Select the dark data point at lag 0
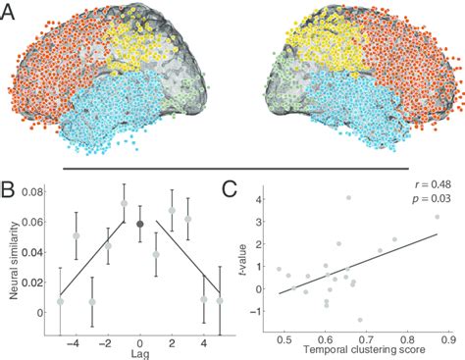[140, 224]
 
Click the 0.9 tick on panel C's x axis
[448, 337]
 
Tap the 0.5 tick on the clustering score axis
[284, 337]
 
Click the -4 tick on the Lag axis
[77, 337]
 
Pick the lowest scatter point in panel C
[360, 320]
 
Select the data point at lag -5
[60, 301]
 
